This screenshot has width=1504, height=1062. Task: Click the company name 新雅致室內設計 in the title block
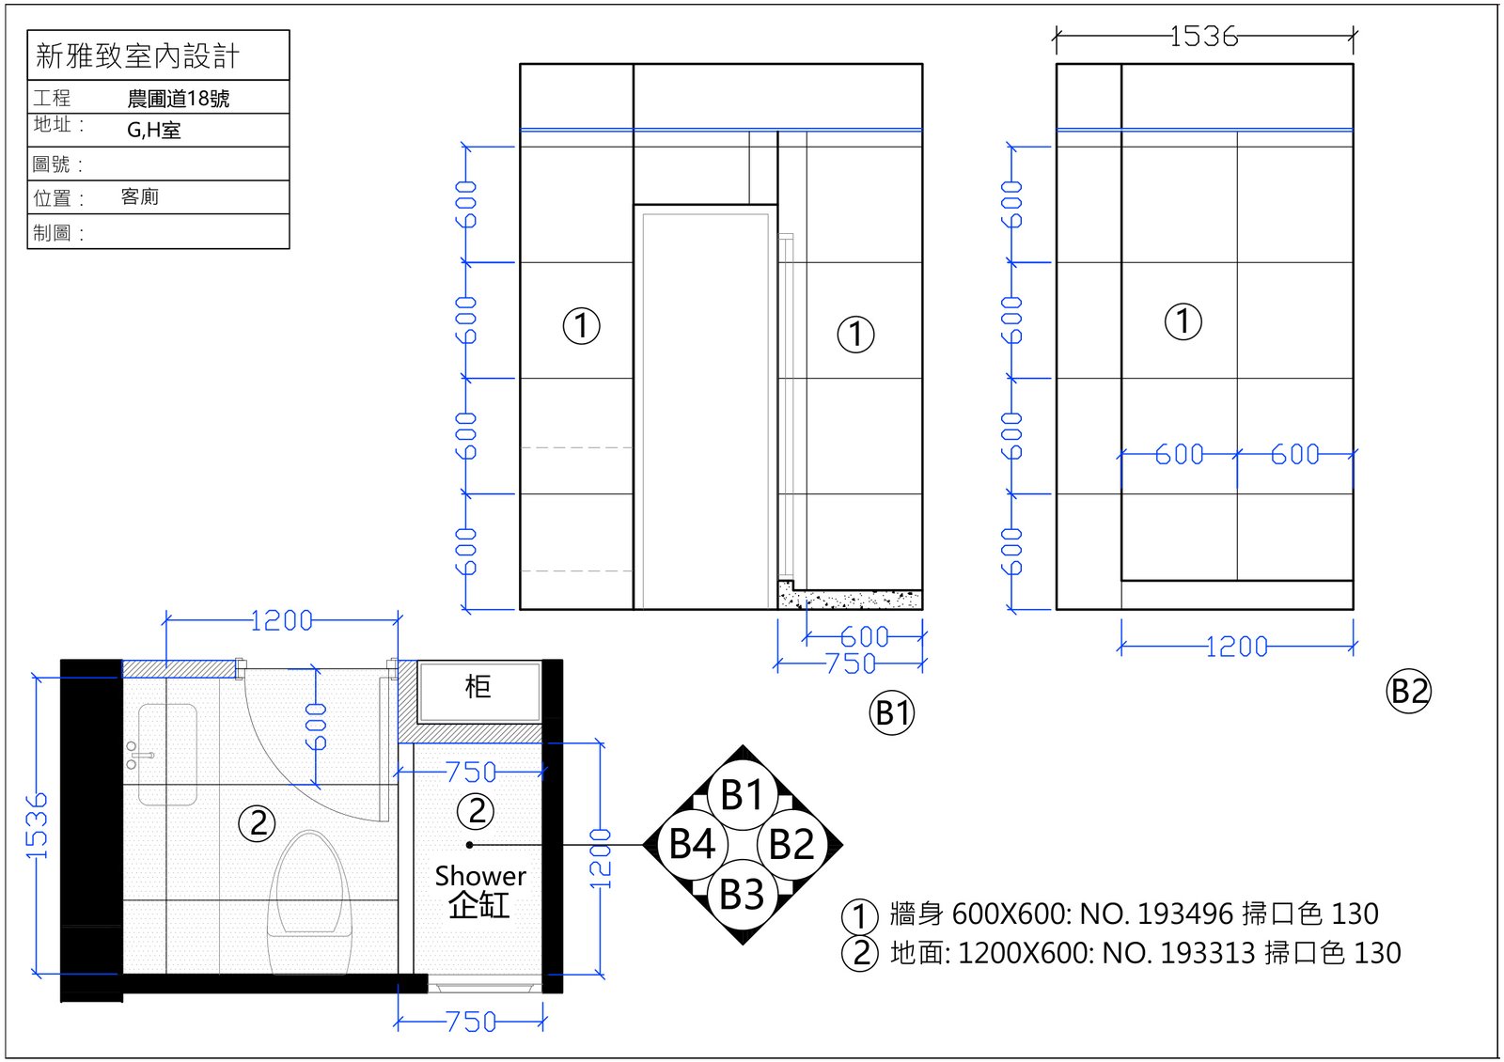[x=137, y=55]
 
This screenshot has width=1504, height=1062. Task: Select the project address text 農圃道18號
[x=178, y=99]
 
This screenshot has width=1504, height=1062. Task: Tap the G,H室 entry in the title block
[x=154, y=130]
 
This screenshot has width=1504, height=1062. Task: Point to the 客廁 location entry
[x=140, y=196]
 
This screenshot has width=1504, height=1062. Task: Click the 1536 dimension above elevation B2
[x=1203, y=37]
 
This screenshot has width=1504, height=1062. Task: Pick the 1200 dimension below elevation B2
[x=1236, y=648]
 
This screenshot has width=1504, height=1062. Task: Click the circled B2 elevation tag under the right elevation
[x=1409, y=691]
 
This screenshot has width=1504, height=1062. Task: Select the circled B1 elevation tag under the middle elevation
[x=892, y=712]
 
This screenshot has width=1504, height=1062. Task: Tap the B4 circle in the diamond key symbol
[x=692, y=844]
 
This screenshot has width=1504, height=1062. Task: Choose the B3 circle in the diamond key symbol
[x=742, y=894]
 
